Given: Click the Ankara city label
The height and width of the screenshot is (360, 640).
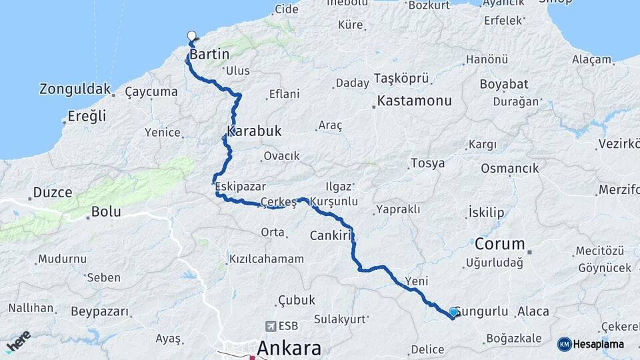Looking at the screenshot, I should [x=289, y=348].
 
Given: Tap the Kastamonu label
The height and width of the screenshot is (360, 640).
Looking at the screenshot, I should [x=414, y=101].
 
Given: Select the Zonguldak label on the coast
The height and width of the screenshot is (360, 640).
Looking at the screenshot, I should [x=74, y=89].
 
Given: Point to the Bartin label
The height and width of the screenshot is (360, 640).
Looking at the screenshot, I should [x=209, y=55].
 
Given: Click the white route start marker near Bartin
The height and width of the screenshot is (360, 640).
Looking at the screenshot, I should [x=192, y=37].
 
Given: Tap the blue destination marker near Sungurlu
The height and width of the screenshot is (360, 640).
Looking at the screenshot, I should [x=453, y=312].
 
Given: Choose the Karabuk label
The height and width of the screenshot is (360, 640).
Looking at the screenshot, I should [x=254, y=131].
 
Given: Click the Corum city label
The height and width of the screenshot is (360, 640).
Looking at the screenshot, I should [x=500, y=243].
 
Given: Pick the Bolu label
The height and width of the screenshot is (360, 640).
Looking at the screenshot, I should [x=107, y=211].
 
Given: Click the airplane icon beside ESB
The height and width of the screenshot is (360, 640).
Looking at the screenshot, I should [x=271, y=326].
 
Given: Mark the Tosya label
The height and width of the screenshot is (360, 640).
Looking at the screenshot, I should [x=427, y=163].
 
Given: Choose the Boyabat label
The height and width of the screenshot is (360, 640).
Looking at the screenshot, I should [x=504, y=84].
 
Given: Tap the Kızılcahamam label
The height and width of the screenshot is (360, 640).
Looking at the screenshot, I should [x=267, y=259].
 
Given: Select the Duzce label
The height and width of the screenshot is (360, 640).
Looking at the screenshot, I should [x=52, y=193].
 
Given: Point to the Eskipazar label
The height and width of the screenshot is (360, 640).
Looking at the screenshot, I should [x=240, y=187].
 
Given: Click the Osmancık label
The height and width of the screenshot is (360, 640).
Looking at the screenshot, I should [x=510, y=168].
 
